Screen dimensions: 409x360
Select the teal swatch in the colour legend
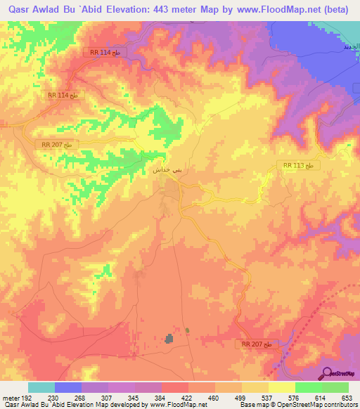[x=41, y=387]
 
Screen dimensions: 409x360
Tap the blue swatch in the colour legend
[x=68, y=387]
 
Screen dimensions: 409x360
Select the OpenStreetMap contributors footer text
[x=316, y=405]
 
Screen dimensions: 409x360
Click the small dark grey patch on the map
[x=169, y=339]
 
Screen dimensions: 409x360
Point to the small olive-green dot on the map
[x=187, y=330]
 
